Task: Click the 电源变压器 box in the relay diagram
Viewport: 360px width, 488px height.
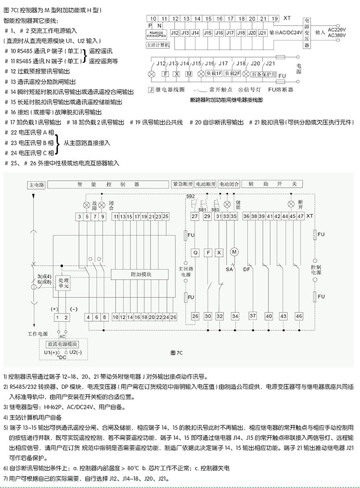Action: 307,31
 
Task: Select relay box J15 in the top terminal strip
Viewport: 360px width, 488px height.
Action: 207,33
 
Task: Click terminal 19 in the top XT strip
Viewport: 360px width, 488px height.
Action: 275,19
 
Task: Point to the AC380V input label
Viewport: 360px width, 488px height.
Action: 337,36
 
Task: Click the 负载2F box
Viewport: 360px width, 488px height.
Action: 232,74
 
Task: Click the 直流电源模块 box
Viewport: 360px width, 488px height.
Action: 62,344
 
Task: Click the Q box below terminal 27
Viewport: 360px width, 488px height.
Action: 195,253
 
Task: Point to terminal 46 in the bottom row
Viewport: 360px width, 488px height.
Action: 298,316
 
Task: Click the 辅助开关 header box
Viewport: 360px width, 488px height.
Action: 273,184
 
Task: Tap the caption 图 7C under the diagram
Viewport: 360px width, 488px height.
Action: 177,353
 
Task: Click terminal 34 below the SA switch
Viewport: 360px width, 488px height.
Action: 234,316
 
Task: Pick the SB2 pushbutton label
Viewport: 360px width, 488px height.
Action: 190,195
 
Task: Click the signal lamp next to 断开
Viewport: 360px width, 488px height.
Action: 291,204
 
